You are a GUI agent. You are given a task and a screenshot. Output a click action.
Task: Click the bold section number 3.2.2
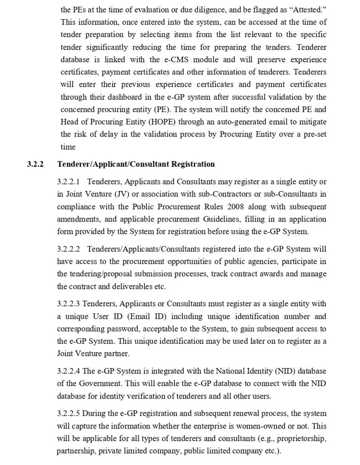[35, 164]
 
